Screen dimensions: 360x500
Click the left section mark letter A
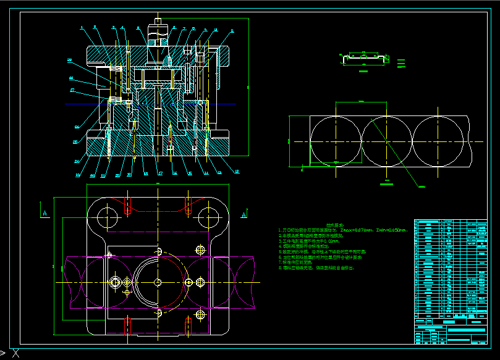(45, 213)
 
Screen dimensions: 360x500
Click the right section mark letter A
(244, 214)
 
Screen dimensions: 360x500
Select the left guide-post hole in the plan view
(108, 217)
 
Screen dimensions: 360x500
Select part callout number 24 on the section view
(77, 162)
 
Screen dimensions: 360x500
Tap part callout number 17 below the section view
(159, 174)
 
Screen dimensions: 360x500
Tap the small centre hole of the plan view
(158, 282)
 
